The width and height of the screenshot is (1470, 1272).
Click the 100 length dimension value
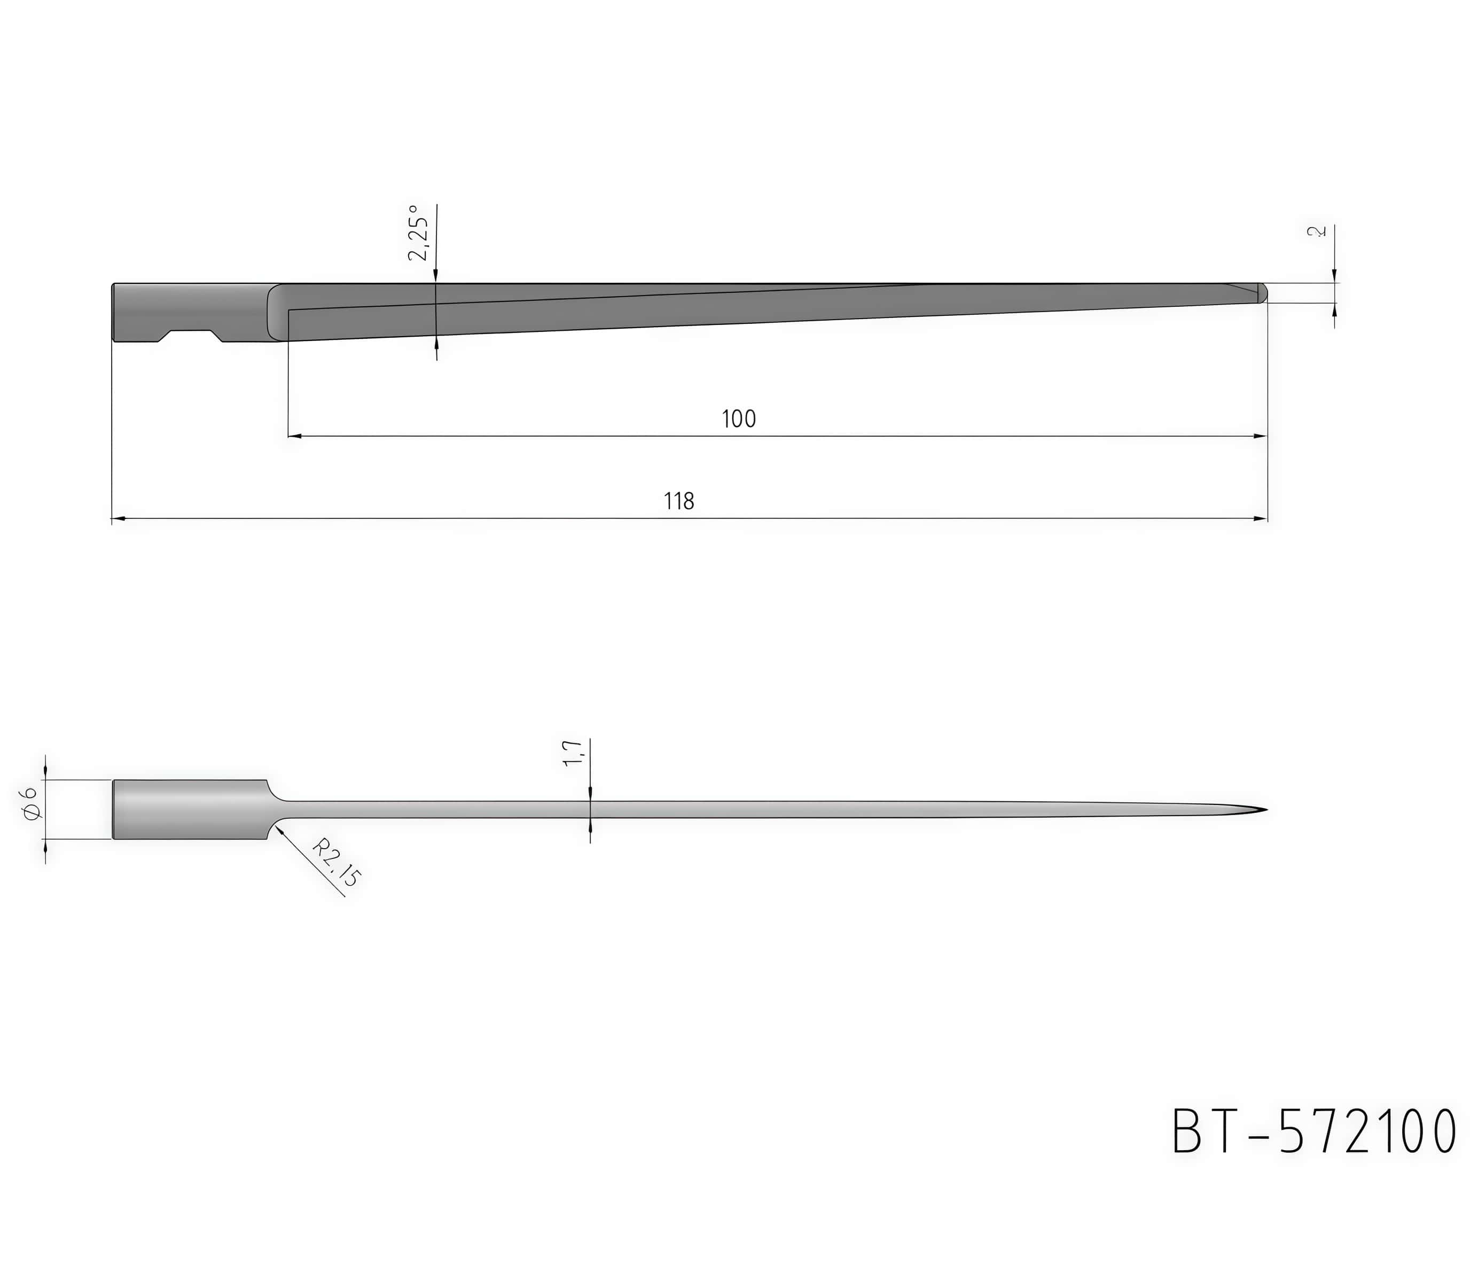click(739, 420)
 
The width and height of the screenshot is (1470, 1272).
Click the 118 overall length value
click(678, 502)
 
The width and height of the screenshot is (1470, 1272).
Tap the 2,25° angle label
click(419, 233)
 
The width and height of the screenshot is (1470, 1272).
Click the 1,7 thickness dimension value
click(573, 753)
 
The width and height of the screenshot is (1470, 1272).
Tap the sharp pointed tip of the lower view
click(1266, 810)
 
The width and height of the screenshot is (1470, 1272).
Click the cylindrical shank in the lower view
click(190, 809)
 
